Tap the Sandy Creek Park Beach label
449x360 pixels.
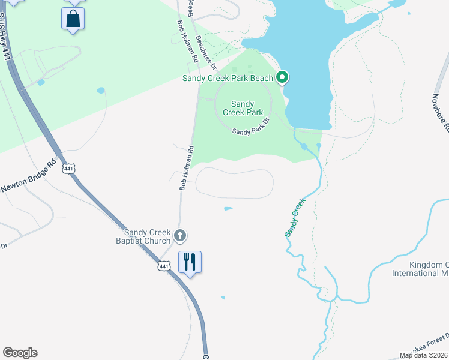(x=228, y=78)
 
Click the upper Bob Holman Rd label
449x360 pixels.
(x=188, y=42)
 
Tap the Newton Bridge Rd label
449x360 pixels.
(x=28, y=179)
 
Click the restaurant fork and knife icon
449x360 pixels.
(x=190, y=262)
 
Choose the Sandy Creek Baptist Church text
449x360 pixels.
(x=148, y=236)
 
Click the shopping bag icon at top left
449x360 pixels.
(x=73, y=18)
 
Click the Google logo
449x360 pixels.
(x=20, y=353)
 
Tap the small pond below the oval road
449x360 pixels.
(x=228, y=209)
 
